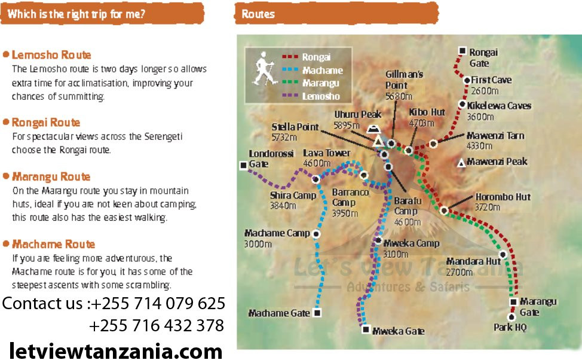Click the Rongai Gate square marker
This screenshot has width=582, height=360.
[462, 51]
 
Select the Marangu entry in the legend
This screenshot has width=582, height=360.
[321, 83]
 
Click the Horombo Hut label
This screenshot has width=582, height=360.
[503, 197]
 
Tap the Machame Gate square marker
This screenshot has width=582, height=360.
[317, 312]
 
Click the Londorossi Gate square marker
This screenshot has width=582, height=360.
[243, 166]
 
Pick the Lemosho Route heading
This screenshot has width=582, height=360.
[51, 55]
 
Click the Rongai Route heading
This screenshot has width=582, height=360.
[46, 123]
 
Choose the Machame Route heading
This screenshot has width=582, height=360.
[53, 244]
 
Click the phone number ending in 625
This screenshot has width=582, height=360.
[158, 303]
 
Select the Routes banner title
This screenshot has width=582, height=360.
[258, 14]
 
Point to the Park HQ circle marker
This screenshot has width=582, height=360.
[511, 317]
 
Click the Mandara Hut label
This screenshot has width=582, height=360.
[473, 261]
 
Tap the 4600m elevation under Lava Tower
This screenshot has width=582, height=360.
[317, 163]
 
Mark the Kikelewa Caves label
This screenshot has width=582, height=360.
[499, 106]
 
